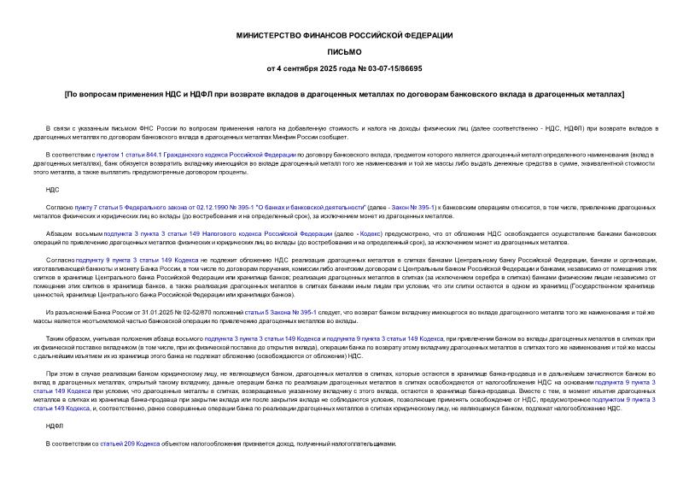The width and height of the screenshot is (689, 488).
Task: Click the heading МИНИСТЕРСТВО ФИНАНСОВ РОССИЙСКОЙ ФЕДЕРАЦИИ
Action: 344,35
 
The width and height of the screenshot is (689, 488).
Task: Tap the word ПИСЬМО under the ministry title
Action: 344,51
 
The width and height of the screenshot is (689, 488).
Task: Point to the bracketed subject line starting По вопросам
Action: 344,93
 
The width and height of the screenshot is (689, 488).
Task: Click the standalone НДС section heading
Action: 53,190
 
